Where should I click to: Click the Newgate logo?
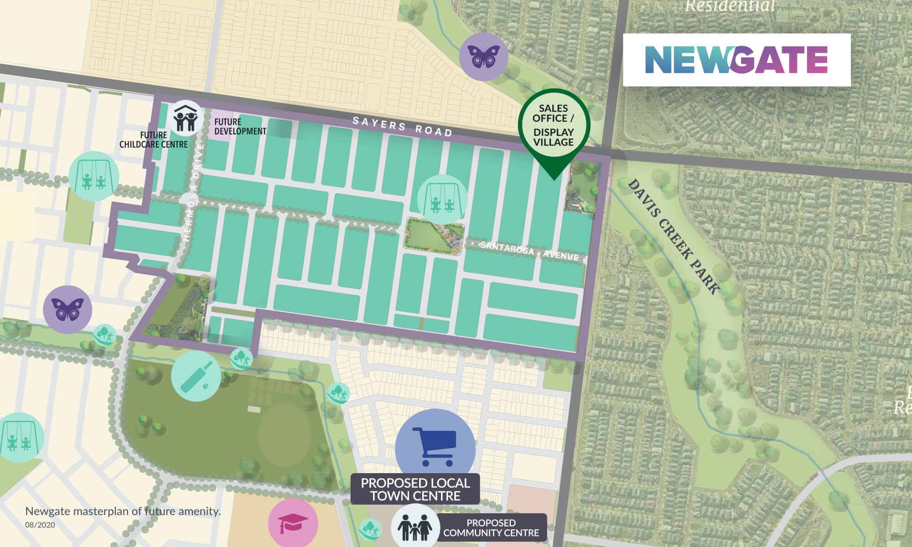[736, 60]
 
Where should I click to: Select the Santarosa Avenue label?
[529, 251]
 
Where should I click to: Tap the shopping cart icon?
[435, 447]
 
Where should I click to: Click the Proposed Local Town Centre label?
[415, 490]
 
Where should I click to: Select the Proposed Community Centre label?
[491, 528]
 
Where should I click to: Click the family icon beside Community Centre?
[415, 527]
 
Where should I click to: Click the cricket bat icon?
[196, 377]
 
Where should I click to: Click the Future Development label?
[240, 127]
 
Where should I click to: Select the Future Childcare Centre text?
[154, 140]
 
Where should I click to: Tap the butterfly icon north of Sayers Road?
[483, 56]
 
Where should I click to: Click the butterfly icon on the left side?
[67, 310]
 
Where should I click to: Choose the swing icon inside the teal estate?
[442, 200]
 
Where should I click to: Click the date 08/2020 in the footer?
[40, 525]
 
